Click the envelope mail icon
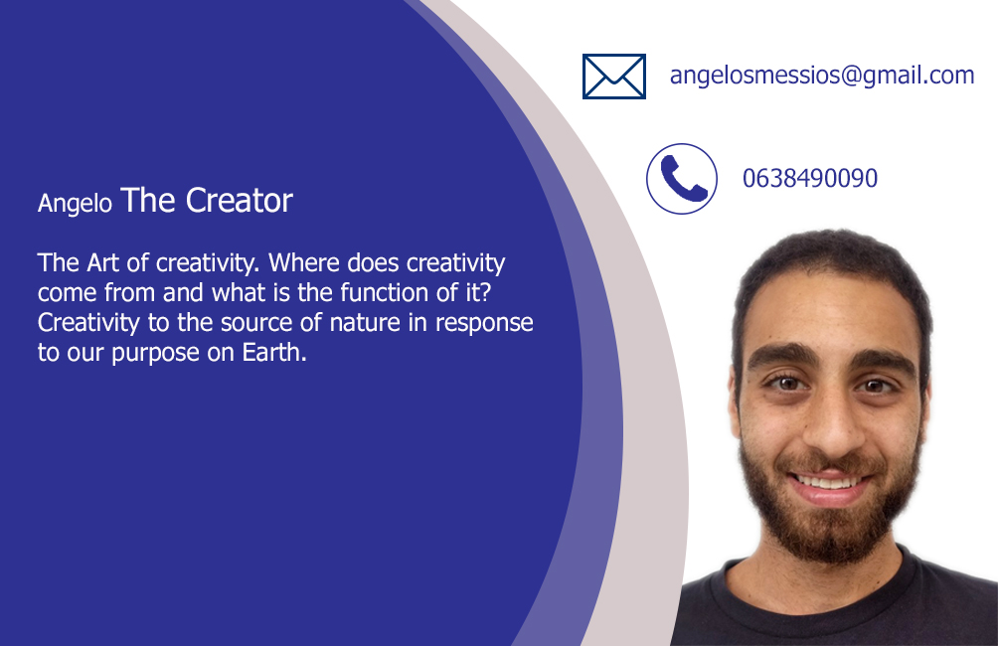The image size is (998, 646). click(x=614, y=77)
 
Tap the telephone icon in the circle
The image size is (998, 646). click(x=682, y=179)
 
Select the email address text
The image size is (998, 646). click(x=822, y=76)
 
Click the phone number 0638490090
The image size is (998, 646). click(x=809, y=178)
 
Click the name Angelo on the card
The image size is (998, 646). click(x=75, y=204)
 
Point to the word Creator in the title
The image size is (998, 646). click(x=239, y=201)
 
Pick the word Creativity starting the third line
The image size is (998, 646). click(x=88, y=323)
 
